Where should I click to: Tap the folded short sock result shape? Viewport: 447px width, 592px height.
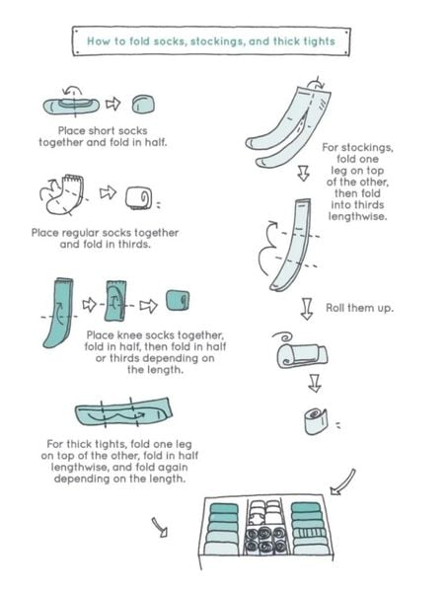pos(143,105)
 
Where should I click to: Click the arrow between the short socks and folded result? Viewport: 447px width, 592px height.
pos(112,104)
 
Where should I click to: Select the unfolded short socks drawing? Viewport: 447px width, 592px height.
pos(72,106)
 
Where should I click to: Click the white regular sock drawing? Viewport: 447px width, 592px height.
pos(65,194)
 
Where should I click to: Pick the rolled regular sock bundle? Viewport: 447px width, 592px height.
pos(138,198)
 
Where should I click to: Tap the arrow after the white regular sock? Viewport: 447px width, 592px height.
pos(108,192)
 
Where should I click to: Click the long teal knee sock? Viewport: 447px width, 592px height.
pos(59,313)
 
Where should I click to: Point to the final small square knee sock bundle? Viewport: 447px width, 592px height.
pos(178,300)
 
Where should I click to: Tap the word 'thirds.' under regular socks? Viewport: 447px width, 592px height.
pos(134,245)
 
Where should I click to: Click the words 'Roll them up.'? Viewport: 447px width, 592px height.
pos(359,308)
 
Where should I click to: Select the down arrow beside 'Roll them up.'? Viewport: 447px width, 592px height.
pos(307,309)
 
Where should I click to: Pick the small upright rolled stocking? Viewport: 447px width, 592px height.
pos(316,421)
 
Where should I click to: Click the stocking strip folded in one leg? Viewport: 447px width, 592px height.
pos(294,245)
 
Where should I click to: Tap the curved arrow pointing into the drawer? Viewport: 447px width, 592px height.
pos(342,481)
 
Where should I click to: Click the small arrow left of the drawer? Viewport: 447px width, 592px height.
pos(160,527)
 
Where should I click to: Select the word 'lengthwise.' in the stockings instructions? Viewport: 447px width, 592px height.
pos(357,216)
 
